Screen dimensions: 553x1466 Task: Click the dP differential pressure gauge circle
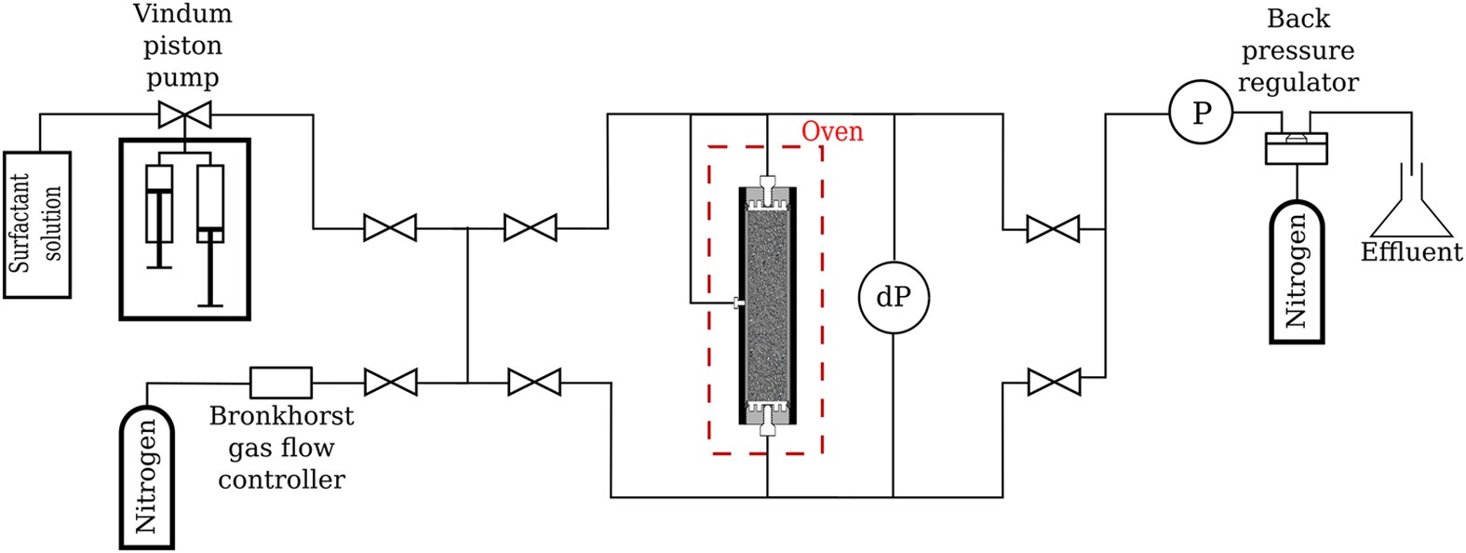point(893,297)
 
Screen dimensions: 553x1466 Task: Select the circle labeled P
point(1202,114)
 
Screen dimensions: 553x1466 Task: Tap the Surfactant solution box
point(37,224)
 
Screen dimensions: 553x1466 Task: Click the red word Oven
point(832,131)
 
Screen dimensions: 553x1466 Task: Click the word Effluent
point(1411,252)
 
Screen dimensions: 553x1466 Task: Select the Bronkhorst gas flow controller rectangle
point(281,382)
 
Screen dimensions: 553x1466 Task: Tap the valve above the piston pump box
point(183,115)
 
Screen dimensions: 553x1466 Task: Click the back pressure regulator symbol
point(1296,147)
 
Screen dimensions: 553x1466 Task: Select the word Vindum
point(182,15)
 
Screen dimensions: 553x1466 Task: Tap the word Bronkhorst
point(281,415)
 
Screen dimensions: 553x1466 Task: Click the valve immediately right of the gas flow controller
point(390,382)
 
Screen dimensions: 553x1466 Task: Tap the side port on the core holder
point(738,303)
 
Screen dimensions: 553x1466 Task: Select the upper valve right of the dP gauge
point(1053,228)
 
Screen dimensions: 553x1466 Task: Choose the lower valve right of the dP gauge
point(1053,382)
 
